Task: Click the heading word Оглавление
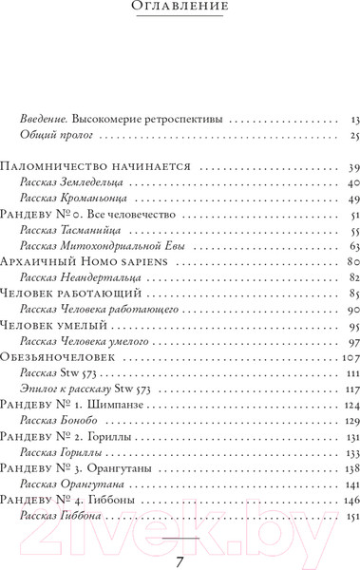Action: point(180,9)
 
